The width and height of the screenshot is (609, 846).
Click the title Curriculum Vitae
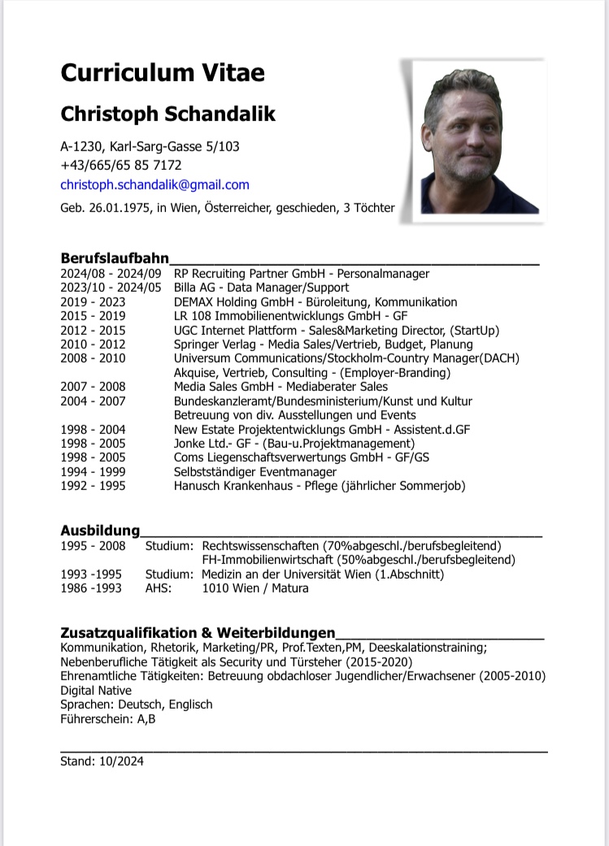[163, 72]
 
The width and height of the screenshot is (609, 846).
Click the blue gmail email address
[154, 185]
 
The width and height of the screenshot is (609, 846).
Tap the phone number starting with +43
[121, 165]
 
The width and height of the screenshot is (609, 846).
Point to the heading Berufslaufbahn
[115, 258]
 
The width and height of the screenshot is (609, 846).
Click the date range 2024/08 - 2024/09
[111, 274]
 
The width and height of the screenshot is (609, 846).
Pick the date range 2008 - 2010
[93, 358]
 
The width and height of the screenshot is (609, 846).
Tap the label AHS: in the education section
[159, 588]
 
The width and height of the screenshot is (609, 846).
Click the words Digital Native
[95, 691]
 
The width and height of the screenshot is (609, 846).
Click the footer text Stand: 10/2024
[102, 761]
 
